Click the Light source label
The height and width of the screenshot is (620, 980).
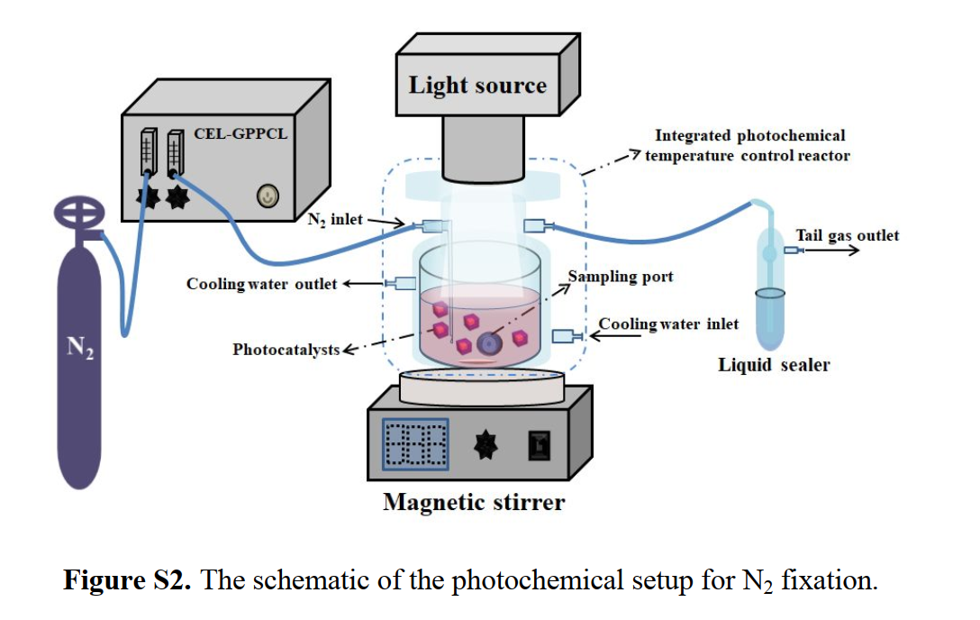click(x=477, y=86)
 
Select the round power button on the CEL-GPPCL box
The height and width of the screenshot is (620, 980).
click(x=268, y=196)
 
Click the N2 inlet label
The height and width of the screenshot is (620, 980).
click(x=335, y=219)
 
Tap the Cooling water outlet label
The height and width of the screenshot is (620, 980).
click(x=261, y=284)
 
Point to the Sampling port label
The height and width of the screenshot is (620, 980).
click(x=621, y=276)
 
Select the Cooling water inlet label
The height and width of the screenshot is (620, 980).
click(x=668, y=324)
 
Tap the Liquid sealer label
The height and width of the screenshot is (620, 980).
click(x=774, y=365)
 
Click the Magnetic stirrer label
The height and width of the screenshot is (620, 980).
click(x=474, y=502)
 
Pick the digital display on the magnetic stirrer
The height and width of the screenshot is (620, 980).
click(x=415, y=442)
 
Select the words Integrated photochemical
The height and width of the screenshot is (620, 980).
click(x=749, y=136)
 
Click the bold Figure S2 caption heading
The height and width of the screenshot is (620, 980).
click(x=126, y=579)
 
